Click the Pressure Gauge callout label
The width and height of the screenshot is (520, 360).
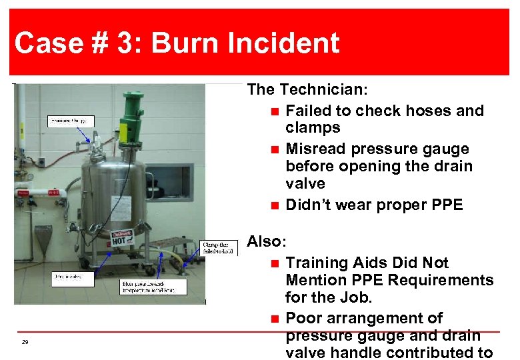click(x=71, y=121)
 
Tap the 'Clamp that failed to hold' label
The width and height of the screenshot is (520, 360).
click(x=219, y=247)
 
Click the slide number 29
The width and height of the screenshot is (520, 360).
click(x=25, y=342)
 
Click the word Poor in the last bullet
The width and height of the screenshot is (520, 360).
click(x=305, y=318)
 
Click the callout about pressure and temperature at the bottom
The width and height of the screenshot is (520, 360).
click(x=149, y=286)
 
